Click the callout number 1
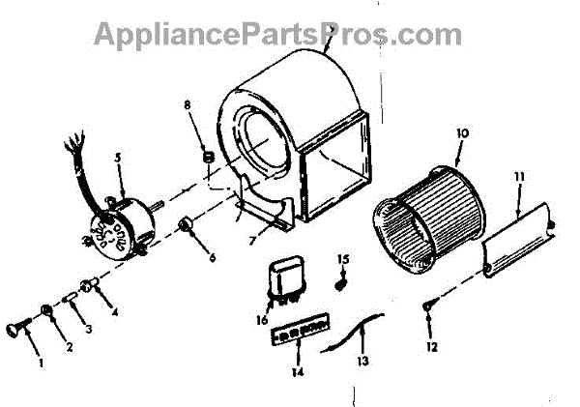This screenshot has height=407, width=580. coord(42,363)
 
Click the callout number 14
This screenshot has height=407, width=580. coord(297,371)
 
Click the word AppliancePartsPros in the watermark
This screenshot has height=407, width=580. coord(207,34)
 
